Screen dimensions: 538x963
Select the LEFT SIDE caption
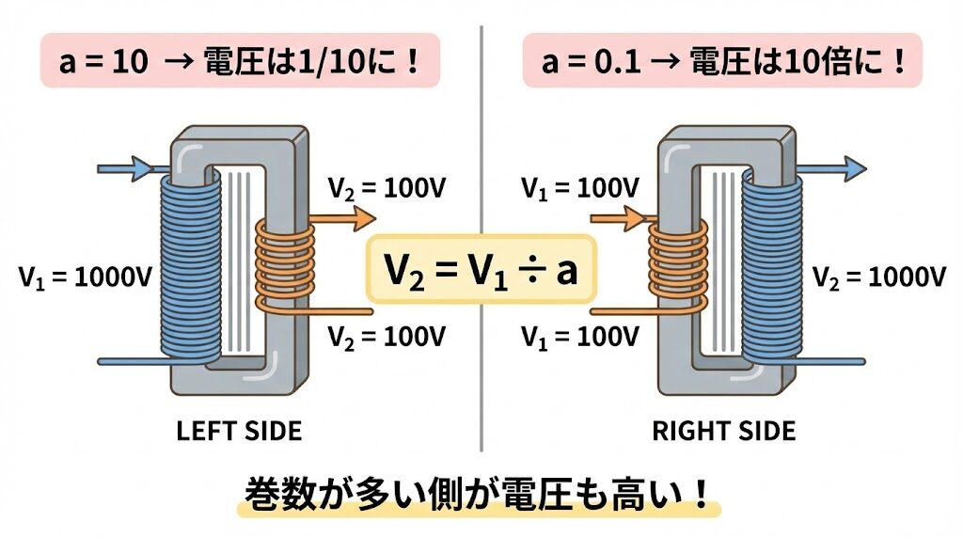click(x=239, y=431)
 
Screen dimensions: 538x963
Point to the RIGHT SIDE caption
click(x=723, y=431)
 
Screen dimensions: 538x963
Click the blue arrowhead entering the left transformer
click(x=142, y=169)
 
